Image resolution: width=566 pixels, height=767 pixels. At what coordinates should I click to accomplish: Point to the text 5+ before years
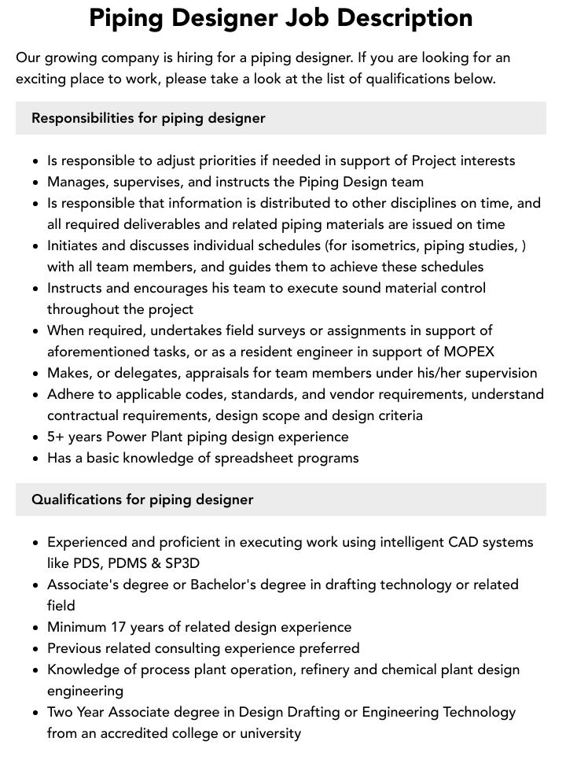pos(57,437)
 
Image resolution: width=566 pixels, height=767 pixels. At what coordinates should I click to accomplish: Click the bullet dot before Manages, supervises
pos(36,183)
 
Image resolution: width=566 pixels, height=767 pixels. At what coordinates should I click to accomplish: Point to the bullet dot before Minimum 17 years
pos(36,628)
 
